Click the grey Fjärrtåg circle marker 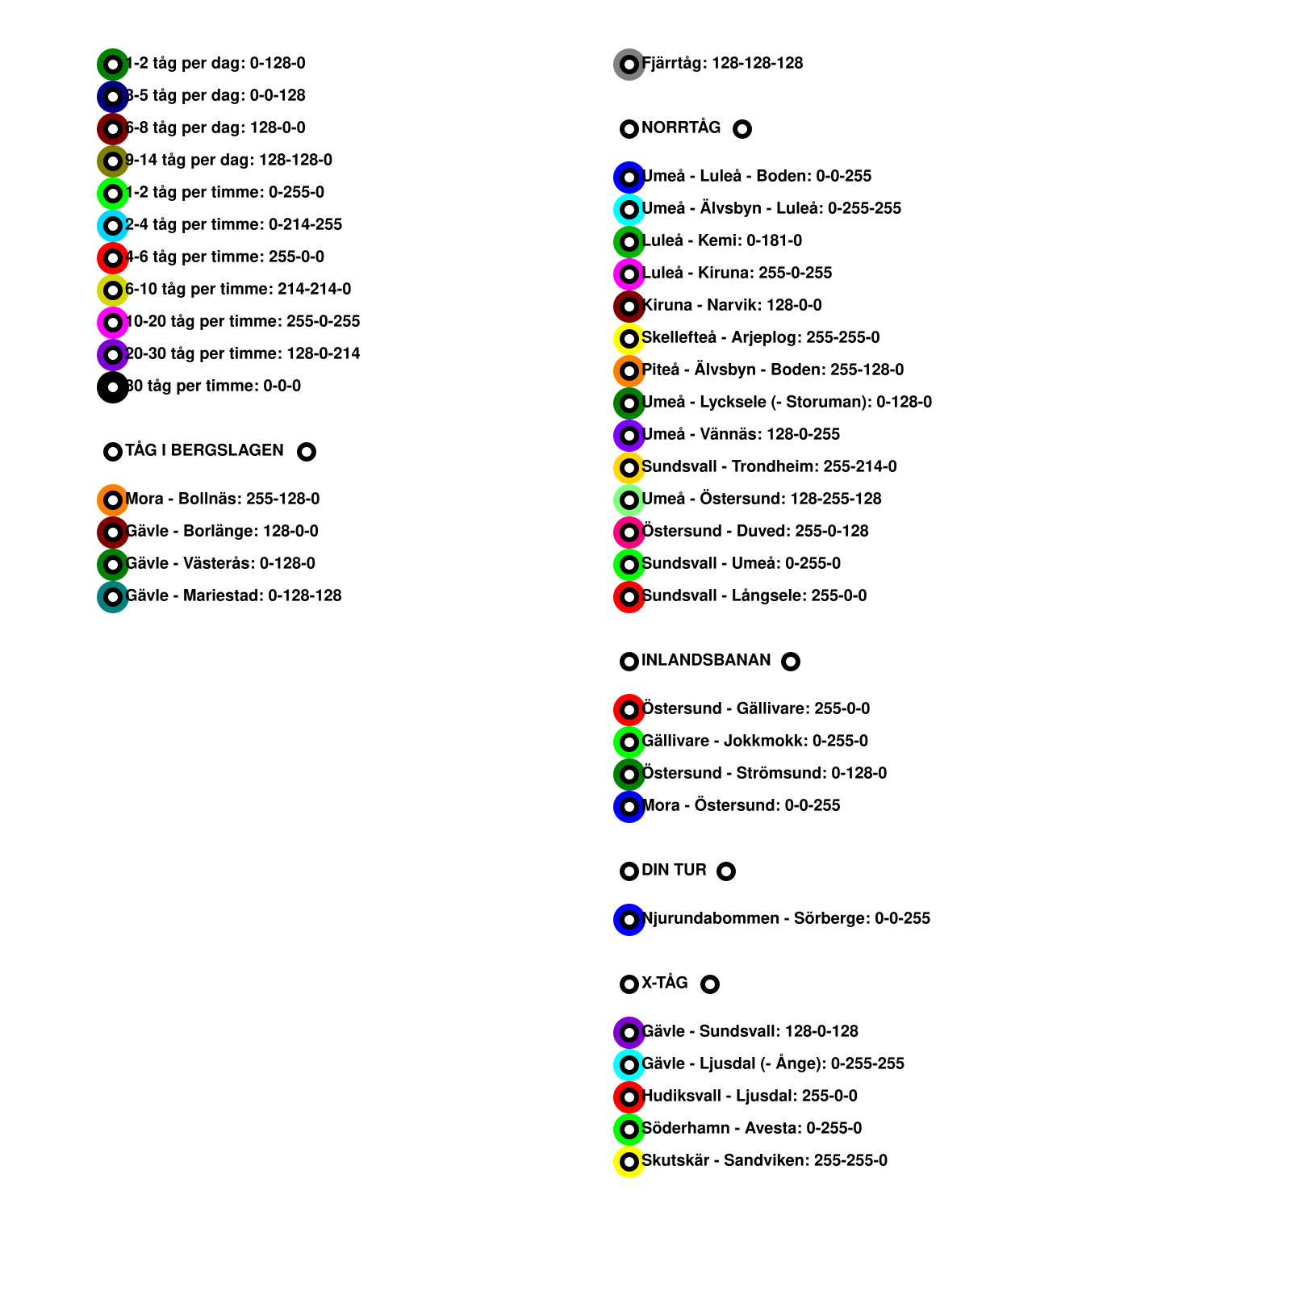pos(629,65)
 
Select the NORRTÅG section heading pos(680,127)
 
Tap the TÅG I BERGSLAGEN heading pos(204,450)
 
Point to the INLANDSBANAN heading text pos(705,660)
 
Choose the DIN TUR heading pos(674,870)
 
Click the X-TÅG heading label pos(664,983)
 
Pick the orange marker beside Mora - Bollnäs pos(113,500)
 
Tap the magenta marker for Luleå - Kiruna pos(629,274)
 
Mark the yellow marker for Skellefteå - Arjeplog pos(629,339)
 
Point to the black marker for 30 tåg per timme pos(113,387)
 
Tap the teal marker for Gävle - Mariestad pos(113,597)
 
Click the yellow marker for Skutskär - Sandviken pos(629,1162)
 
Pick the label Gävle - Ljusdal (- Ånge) pos(772,1063)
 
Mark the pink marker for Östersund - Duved pos(629,533)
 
